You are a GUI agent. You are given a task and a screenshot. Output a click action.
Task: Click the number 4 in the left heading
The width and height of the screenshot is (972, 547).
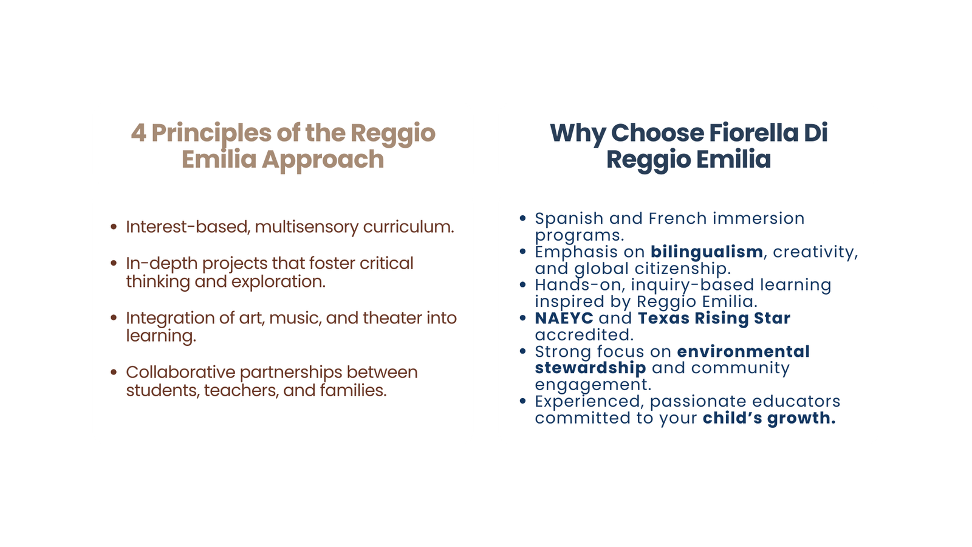pyautogui.click(x=139, y=133)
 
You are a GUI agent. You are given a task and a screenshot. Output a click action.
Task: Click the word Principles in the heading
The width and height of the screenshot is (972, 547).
pyautogui.click(x=211, y=134)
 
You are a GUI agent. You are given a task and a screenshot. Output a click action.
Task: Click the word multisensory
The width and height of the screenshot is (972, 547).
pyautogui.click(x=307, y=227)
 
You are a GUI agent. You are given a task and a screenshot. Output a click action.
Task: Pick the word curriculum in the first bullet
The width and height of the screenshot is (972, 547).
pyautogui.click(x=408, y=227)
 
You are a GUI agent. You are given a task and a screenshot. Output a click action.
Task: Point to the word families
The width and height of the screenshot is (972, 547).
pyautogui.click(x=353, y=390)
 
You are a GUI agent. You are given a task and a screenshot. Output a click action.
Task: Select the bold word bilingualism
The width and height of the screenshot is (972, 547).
pyautogui.click(x=707, y=252)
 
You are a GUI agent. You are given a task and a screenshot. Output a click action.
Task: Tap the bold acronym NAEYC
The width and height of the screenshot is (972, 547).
pyautogui.click(x=564, y=318)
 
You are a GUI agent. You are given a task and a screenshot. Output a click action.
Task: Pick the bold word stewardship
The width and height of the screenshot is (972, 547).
pyautogui.click(x=590, y=368)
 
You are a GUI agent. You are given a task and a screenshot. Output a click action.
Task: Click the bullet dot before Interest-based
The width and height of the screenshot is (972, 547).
pyautogui.click(x=114, y=227)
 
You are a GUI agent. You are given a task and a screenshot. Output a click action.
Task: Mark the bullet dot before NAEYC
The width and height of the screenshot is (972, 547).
pyautogui.click(x=522, y=318)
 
